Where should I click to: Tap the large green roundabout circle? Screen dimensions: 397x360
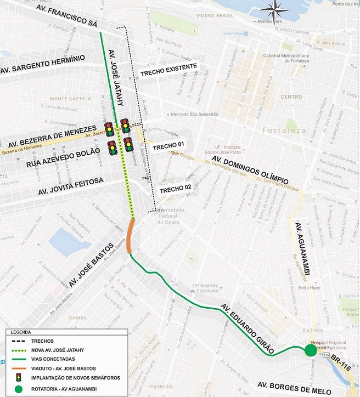click(x=311, y=350)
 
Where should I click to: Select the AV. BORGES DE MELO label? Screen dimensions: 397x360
click(x=294, y=388)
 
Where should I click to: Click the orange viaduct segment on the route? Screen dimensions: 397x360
click(x=130, y=235)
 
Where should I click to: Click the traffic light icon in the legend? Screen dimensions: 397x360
click(x=18, y=377)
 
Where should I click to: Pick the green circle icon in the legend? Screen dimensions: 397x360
click(x=18, y=389)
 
